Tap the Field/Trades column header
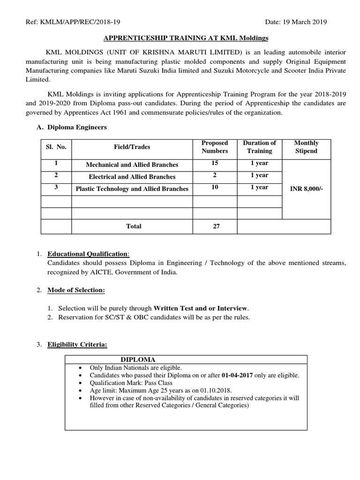132,147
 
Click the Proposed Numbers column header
214,147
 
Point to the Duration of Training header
259,147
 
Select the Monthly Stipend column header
307,147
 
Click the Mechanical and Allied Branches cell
132,165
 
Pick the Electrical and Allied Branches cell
132,177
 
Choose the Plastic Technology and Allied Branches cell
132,189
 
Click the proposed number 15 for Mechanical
214,164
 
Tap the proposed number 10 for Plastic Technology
214,187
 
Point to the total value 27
216,226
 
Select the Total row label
133,226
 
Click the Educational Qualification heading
87,254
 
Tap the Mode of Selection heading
76,290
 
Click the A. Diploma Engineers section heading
78,127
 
